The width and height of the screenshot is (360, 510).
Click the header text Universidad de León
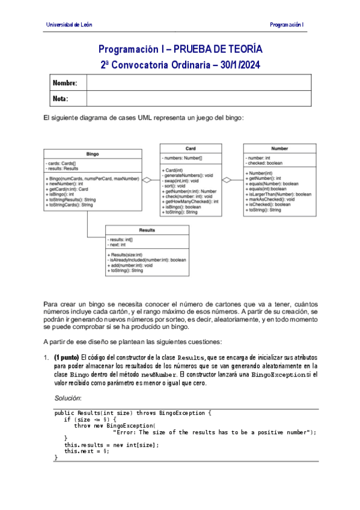tap(69, 25)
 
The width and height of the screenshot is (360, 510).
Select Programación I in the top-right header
tap(287, 25)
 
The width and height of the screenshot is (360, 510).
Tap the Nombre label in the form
tap(65, 82)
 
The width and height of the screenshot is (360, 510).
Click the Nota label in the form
tap(61, 98)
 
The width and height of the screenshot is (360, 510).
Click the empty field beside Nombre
tap(198, 82)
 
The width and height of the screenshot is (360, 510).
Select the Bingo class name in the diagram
tap(93, 153)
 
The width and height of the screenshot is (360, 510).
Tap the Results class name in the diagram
tap(147, 230)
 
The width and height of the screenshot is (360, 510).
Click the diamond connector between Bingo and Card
tap(146, 179)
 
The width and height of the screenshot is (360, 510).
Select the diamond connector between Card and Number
tap(227, 179)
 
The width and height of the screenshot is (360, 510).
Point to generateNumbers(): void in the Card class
tap(188, 175)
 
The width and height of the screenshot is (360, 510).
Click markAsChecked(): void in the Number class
tap(270, 199)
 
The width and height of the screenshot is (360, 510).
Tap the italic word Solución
tap(67, 399)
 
